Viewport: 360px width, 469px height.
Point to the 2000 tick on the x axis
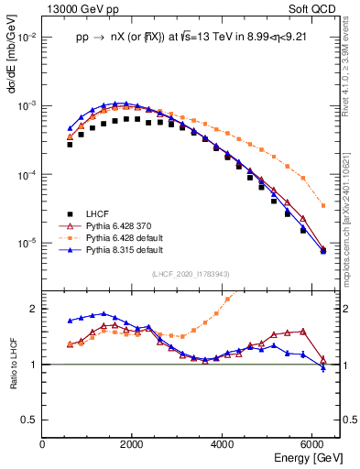point(133,444)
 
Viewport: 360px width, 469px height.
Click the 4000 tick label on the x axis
point(223,444)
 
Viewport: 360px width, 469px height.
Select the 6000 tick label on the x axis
point(312,444)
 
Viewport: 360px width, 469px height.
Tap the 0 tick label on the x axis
point(43,444)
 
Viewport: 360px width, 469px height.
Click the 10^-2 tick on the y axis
point(27,38)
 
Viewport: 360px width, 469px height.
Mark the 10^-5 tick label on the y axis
point(27,244)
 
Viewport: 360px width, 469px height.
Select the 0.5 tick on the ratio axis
point(30,420)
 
